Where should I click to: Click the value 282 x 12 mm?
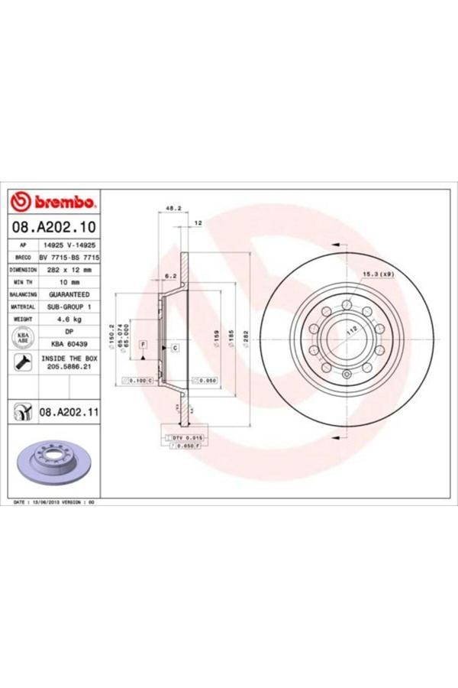(69, 270)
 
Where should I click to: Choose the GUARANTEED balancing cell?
(69, 294)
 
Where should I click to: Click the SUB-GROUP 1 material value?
(69, 306)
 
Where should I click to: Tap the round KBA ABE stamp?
(23, 338)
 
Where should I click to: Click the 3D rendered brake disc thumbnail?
(53, 462)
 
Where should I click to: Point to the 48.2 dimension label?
(173, 207)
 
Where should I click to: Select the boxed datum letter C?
(175, 349)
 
